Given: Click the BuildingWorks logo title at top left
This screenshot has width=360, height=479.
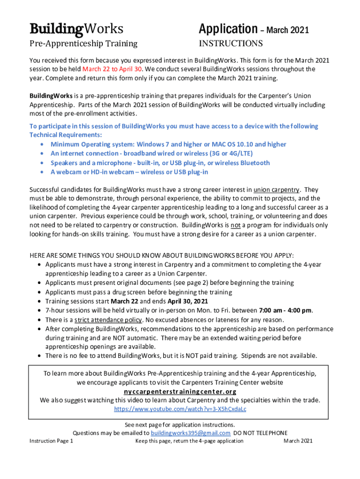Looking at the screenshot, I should (x=77, y=29).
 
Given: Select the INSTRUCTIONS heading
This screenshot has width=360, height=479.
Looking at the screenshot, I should (x=231, y=44).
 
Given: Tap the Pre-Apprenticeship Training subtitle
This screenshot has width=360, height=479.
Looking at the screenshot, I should (x=83, y=44).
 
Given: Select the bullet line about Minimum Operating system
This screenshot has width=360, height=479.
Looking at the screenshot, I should (x=168, y=145).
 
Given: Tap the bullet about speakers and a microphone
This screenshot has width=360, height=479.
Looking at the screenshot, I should (x=160, y=163).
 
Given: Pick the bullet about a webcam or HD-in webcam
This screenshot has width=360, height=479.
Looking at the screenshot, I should (x=129, y=172).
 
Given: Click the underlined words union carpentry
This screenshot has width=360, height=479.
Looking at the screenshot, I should (x=276, y=190).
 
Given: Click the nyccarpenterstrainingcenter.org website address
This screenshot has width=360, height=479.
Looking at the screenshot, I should (x=180, y=392).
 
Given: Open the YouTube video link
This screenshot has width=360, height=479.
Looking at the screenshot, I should (x=180, y=409).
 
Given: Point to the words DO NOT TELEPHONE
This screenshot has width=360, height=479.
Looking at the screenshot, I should (x=260, y=433).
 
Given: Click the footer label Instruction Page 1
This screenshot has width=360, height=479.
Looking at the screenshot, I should (x=51, y=441).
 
